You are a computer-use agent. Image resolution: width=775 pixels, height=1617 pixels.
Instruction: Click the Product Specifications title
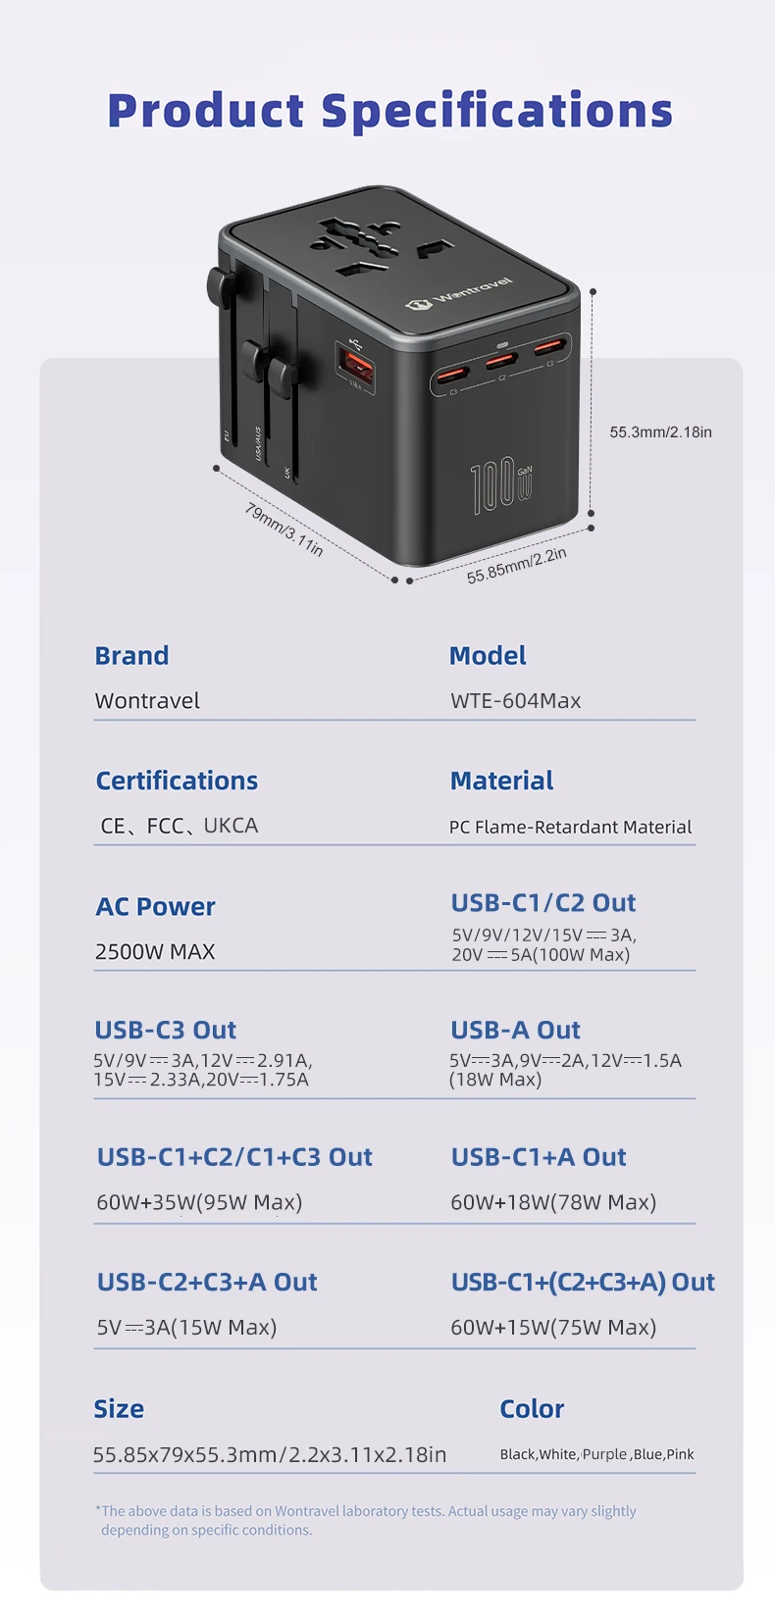pyautogui.click(x=390, y=112)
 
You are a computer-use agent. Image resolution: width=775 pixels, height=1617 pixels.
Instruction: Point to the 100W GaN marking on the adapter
pyautogui.click(x=500, y=485)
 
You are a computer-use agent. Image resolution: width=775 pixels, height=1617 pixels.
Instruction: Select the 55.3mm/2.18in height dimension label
pyautogui.click(x=660, y=431)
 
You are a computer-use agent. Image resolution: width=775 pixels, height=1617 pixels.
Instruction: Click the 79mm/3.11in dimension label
pyautogui.click(x=284, y=530)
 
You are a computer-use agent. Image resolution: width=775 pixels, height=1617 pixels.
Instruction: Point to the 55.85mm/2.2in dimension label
pyautogui.click(x=516, y=565)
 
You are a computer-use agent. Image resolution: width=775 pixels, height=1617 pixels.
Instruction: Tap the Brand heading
pyautogui.click(x=131, y=655)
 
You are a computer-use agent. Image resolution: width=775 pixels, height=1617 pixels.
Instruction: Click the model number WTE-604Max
pyautogui.click(x=516, y=700)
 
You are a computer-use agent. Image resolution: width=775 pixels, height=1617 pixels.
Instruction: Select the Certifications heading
pyautogui.click(x=177, y=781)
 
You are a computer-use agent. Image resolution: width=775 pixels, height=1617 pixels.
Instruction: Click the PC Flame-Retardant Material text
pyautogui.click(x=571, y=827)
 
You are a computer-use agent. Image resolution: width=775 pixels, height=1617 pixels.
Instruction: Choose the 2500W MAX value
pyautogui.click(x=155, y=951)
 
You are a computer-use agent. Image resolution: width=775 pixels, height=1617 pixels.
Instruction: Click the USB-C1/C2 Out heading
pyautogui.click(x=543, y=902)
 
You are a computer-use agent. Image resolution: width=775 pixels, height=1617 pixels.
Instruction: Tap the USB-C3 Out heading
pyautogui.click(x=166, y=1030)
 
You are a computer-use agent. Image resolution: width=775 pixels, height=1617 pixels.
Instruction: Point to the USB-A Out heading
pyautogui.click(x=516, y=1030)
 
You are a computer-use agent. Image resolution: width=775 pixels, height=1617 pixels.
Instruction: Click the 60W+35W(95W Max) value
pyautogui.click(x=199, y=1202)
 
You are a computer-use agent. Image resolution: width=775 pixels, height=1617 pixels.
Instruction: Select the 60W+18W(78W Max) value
pyautogui.click(x=553, y=1202)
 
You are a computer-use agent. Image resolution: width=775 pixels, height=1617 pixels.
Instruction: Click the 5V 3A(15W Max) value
pyautogui.click(x=187, y=1327)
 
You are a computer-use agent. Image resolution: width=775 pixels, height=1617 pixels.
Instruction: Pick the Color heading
pyautogui.click(x=532, y=1408)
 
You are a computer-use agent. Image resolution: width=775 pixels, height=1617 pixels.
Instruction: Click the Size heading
pyautogui.click(x=119, y=1408)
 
